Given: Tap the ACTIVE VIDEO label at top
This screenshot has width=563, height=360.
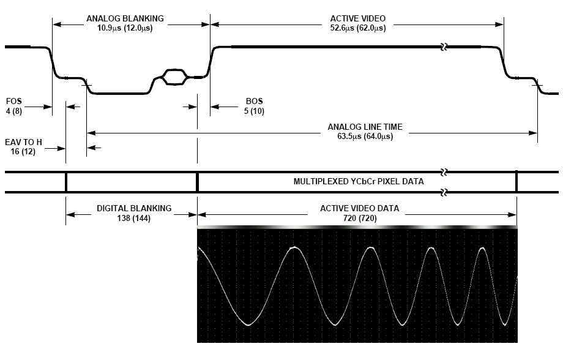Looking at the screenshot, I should click(357, 18).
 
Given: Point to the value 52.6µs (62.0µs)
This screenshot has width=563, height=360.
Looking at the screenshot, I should click(357, 28).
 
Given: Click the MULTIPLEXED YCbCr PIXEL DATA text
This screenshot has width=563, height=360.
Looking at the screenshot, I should click(359, 182).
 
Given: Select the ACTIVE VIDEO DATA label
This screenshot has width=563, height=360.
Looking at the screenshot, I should click(359, 208).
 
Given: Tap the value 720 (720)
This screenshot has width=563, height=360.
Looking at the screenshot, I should click(359, 219).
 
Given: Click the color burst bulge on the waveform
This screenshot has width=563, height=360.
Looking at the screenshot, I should click(174, 77).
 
